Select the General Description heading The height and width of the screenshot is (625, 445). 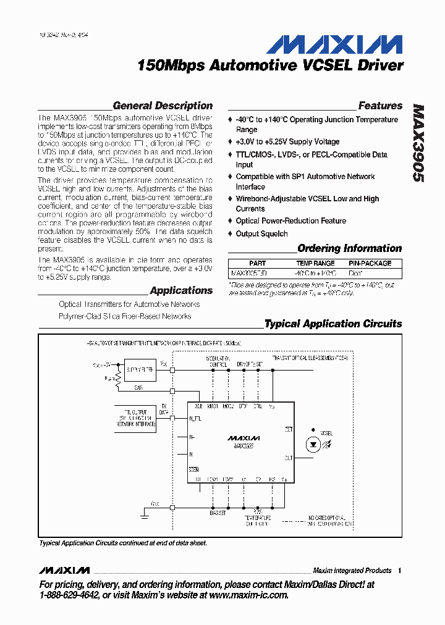pos(163,106)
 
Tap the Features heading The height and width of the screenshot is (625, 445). pos(380,106)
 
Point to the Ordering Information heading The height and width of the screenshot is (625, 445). pos(349,248)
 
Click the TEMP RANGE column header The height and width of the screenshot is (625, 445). pos(315,263)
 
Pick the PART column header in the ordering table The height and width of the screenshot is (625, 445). pos(257,263)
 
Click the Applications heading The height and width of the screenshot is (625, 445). pos(181,290)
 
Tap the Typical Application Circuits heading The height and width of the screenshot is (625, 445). pos(333,324)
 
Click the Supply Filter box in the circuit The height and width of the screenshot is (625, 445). pos(140,370)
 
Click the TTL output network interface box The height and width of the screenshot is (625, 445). pos(135,418)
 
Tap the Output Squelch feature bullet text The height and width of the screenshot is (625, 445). pos(261,234)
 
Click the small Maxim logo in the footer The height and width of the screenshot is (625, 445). pos(64,570)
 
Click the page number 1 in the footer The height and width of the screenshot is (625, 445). pos(400,571)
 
